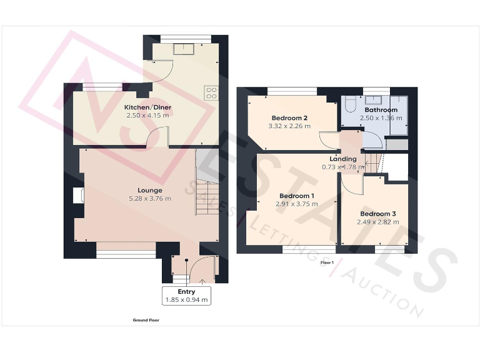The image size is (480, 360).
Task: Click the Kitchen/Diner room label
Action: (147, 107)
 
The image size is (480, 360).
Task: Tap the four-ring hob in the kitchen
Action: (211, 92)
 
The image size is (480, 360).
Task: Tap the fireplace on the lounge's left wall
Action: (77, 195)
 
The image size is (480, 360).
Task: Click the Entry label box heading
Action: (186, 292)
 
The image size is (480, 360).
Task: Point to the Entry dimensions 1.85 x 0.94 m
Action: (186, 300)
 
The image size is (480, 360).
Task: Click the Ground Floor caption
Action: (145, 320)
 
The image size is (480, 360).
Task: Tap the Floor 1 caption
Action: (327, 262)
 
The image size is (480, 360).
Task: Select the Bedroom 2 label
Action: (289, 118)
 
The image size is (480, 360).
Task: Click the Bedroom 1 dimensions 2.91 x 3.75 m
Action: (296, 204)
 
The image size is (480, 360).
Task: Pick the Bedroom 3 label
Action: (377, 214)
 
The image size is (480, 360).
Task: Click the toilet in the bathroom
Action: (350, 102)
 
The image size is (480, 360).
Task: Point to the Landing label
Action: (343, 159)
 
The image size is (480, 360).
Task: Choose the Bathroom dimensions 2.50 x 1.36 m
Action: (381, 118)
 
